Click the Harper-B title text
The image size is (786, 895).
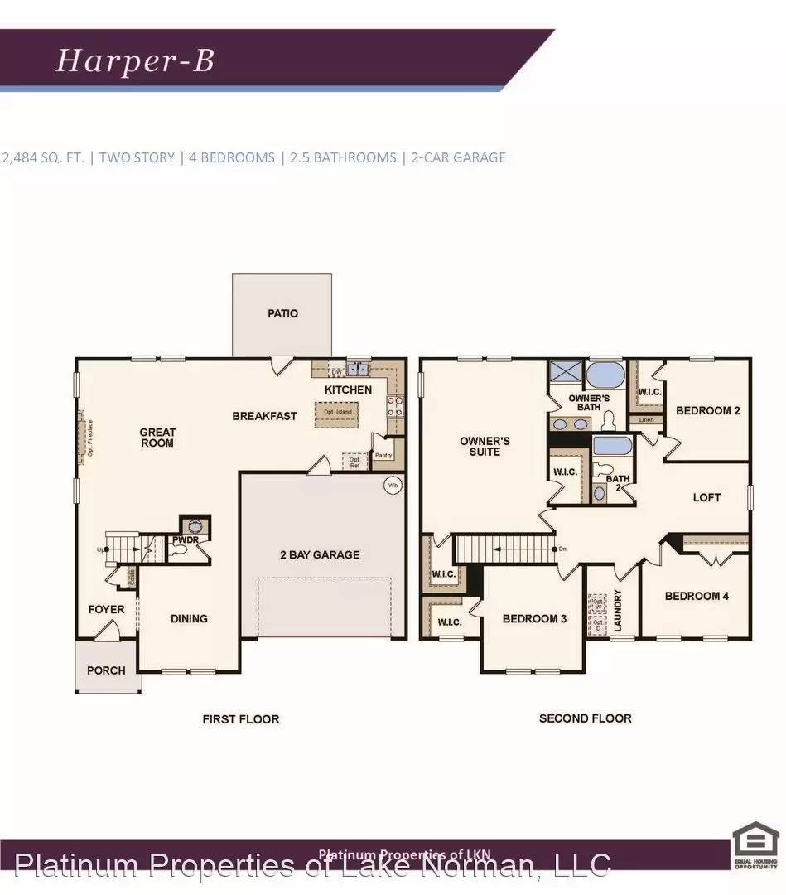(135, 61)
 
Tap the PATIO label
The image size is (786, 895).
(282, 313)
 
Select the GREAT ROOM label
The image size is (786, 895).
(157, 438)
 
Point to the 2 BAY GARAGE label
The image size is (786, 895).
(319, 554)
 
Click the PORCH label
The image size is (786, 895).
(106, 670)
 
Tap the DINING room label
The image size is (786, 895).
(189, 618)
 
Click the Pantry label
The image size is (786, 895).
(383, 455)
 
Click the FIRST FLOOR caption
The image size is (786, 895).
(241, 719)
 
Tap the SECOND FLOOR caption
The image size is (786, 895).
(585, 718)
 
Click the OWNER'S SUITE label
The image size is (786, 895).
(485, 446)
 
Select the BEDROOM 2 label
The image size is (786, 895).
(708, 410)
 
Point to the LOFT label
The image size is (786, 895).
(706, 497)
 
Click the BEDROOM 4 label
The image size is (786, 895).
(697, 596)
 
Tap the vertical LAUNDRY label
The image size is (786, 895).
(617, 611)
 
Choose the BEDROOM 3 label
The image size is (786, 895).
(534, 618)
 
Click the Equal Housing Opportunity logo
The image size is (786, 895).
(756, 844)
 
